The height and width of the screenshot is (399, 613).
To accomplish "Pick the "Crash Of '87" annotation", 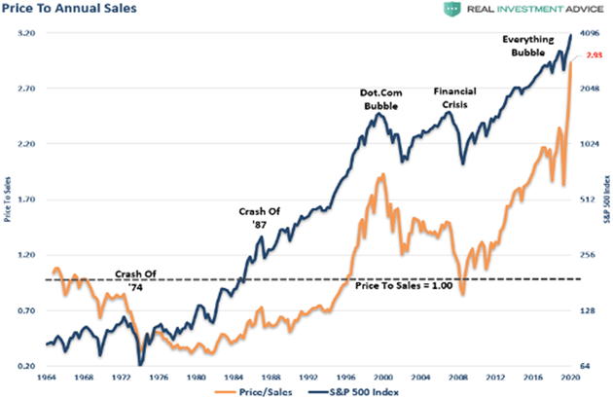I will pyautogui.click(x=259, y=217).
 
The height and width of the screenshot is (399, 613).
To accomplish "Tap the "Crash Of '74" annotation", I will pyautogui.click(x=135, y=279).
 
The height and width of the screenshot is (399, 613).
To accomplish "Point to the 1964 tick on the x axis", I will pyautogui.click(x=48, y=377).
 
